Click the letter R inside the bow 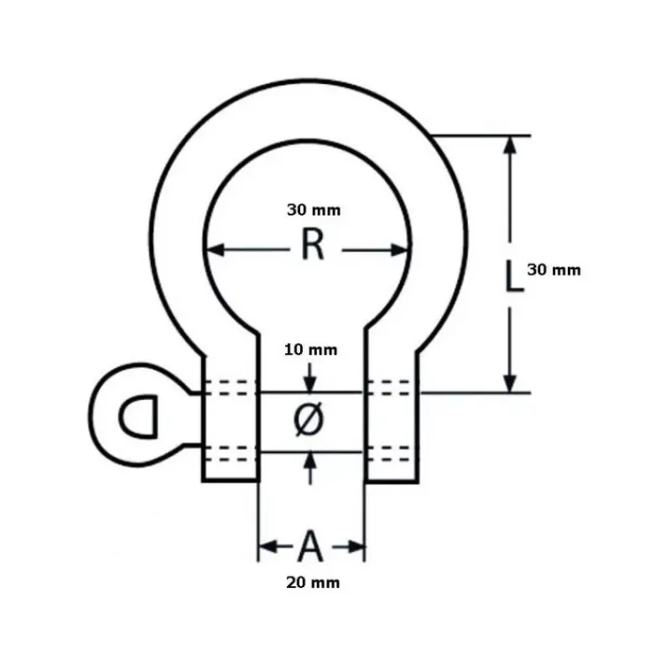pyautogui.click(x=313, y=244)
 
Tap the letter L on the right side pyautogui.click(x=514, y=277)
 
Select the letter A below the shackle pyautogui.click(x=310, y=546)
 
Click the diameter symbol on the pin pyautogui.click(x=309, y=419)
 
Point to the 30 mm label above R pyautogui.click(x=314, y=211)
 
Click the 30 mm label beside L pyautogui.click(x=554, y=270)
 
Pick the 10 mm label pyautogui.click(x=310, y=350)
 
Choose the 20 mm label pyautogui.click(x=313, y=583)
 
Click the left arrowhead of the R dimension pyautogui.click(x=216, y=250)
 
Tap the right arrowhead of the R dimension pyautogui.click(x=399, y=250)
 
